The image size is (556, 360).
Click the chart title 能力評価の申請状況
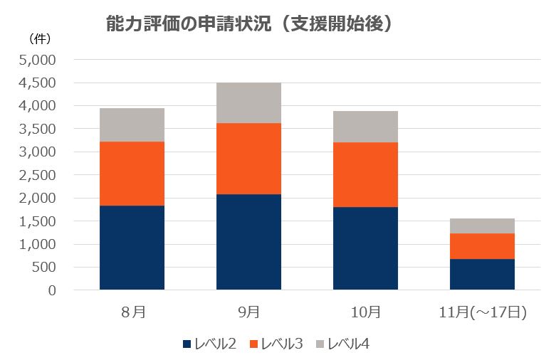pos(249,23)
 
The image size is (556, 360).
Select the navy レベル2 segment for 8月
pos(132,248)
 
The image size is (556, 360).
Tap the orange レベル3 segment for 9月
pos(248,159)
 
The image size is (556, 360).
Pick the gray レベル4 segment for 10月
pos(365,127)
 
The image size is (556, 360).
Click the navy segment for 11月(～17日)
pos(482,274)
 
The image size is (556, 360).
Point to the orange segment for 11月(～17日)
pos(482,246)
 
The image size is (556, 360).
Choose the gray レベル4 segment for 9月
pos(248,103)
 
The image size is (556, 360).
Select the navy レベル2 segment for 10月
pos(365,248)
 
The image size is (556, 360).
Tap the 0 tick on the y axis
pos(51,290)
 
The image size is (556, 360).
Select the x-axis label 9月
pos(248,312)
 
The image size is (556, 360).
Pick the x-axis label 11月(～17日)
pos(482,312)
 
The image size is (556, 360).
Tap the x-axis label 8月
pos(132,312)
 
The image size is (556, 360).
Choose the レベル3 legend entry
pos(276,344)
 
